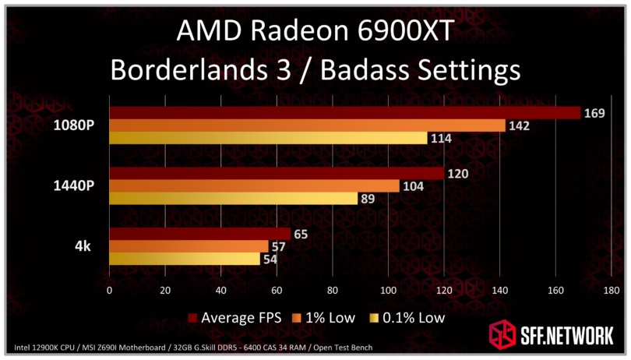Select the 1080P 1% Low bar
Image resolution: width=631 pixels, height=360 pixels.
[307, 125]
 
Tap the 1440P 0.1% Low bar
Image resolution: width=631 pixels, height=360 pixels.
[233, 199]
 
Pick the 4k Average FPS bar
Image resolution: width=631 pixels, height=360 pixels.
[199, 234]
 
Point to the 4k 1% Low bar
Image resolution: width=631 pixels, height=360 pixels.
[189, 246]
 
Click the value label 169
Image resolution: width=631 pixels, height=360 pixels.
[594, 113]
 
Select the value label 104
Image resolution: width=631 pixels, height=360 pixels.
[414, 186]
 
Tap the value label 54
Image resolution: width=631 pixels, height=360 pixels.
[271, 259]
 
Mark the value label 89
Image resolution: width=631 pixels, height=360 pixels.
[371, 199]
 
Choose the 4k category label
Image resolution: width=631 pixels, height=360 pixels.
[83, 246]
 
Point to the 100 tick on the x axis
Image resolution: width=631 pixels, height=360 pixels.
[388, 291]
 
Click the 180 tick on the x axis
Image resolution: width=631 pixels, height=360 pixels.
[611, 291]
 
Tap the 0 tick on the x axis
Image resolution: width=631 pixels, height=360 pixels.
[109, 291]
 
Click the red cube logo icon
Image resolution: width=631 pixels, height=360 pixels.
[502, 335]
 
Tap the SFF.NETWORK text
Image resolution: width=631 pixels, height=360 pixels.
[565, 336]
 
